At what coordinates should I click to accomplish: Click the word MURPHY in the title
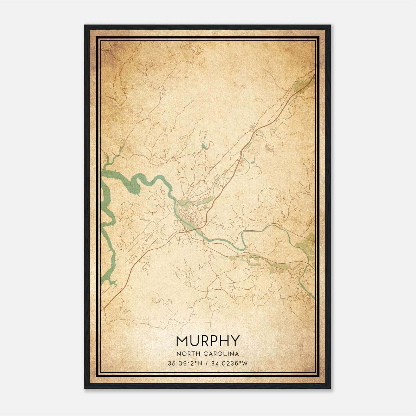(207, 341)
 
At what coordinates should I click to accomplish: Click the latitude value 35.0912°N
(185, 363)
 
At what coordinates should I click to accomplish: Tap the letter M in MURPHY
(181, 341)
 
